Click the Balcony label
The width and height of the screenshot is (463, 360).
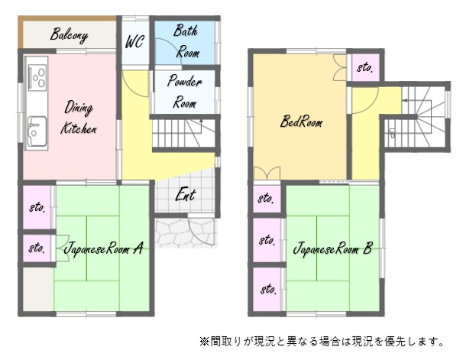tap(69, 35)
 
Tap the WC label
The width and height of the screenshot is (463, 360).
tap(134, 41)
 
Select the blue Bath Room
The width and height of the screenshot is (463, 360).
tap(185, 43)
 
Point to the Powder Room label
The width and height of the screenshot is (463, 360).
tap(185, 92)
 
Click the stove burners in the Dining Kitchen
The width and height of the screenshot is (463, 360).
tap(38, 77)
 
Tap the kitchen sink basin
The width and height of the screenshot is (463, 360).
tap(37, 131)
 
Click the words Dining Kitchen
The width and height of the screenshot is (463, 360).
tap(79, 118)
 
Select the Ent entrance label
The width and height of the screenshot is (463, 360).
tap(186, 195)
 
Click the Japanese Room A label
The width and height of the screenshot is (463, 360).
tap(103, 248)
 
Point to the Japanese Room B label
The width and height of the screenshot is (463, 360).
tap(333, 248)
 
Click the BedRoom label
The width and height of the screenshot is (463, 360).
tap(301, 121)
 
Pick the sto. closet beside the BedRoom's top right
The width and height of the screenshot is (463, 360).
tap(365, 67)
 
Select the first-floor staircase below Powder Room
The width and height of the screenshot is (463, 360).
tap(184, 133)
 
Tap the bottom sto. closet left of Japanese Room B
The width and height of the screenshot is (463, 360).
tap(267, 290)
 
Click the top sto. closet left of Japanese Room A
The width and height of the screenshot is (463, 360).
tap(37, 207)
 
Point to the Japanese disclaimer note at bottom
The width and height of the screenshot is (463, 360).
tap(322, 342)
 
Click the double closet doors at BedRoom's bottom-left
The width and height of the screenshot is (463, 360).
tap(267, 173)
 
